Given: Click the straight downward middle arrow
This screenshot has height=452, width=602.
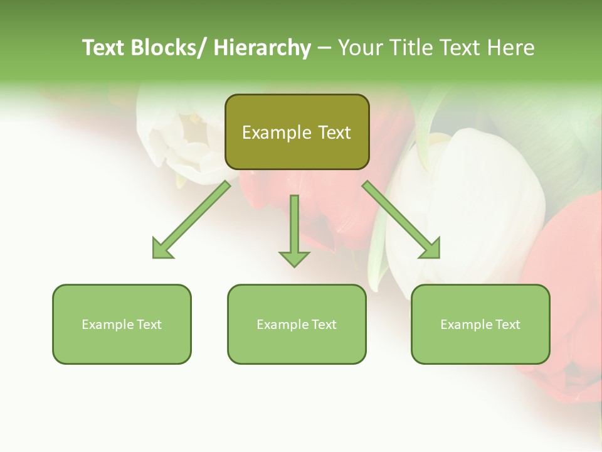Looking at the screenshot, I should (294, 229).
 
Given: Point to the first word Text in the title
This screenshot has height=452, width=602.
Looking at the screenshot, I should (103, 48).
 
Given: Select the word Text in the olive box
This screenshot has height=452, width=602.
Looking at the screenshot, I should (334, 132).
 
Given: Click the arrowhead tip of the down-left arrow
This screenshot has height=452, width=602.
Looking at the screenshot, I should (154, 257).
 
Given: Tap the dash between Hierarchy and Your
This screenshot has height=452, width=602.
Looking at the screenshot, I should (324, 48).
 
